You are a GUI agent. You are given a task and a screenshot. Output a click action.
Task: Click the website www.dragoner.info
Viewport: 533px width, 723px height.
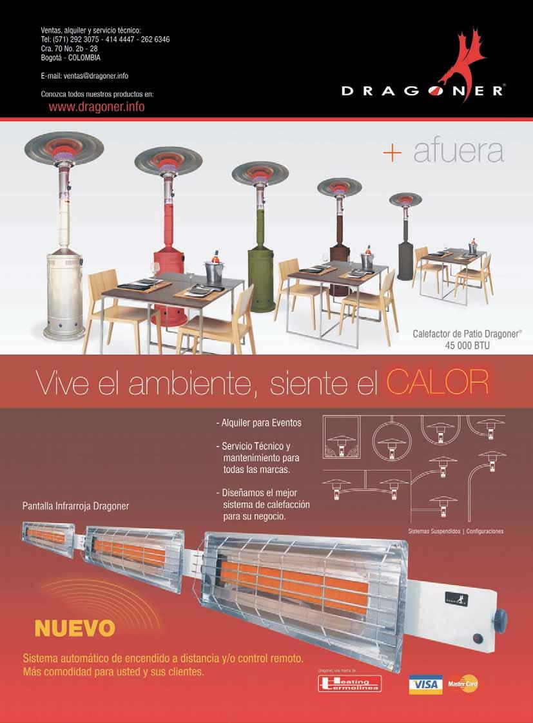point(97,107)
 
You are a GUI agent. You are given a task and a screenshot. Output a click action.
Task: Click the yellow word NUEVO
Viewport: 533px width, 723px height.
point(75,628)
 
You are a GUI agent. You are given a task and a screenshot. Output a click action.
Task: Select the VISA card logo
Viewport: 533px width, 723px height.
point(425,684)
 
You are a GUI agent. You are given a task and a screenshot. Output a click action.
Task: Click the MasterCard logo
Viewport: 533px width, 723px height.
point(463,684)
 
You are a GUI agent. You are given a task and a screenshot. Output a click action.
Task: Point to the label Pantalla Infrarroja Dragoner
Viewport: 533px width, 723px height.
point(76,506)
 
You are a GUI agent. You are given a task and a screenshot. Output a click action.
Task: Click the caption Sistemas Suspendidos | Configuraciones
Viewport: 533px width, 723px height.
point(456,532)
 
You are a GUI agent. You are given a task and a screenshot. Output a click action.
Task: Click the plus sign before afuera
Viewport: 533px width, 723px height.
point(392,153)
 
